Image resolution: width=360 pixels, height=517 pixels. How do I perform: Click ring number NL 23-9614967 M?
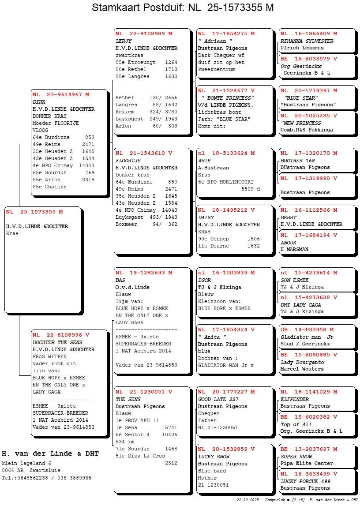pos(61,94)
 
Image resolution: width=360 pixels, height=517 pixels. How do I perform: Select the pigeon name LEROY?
pos(124,41)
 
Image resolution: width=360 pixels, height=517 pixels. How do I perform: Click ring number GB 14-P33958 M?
pos(307,330)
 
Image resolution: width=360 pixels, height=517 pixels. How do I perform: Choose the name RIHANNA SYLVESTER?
pos(307,41)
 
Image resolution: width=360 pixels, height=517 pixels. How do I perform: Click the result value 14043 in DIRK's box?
pos(88,165)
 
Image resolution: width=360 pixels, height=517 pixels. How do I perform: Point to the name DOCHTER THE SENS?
pos(57,342)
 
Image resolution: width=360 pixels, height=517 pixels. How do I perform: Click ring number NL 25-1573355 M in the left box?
pos(34,212)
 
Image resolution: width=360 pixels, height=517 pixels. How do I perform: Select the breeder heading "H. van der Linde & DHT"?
pos(50,453)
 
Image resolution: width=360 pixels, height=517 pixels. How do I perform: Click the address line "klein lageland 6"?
pos(26,463)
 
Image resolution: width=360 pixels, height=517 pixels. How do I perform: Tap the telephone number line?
pos(47,478)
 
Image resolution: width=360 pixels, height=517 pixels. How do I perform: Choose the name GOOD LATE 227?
pos(219,399)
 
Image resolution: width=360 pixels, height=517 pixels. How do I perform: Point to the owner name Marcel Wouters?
pos(302,369)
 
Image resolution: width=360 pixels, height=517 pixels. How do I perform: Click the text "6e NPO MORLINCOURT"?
pos(226,182)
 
